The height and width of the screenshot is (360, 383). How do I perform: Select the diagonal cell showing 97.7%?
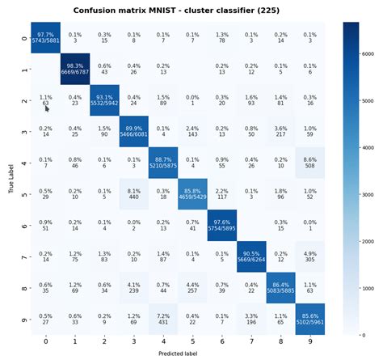[45, 37]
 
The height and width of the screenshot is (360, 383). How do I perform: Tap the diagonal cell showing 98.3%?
[75, 68]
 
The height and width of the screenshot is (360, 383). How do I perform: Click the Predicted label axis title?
[177, 354]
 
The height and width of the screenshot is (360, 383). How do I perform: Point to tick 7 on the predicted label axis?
[251, 341]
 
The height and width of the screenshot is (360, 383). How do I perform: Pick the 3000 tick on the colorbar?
[362, 195]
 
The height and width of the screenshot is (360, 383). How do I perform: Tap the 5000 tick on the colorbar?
[362, 103]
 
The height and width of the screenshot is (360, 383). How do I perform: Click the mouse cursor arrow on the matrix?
[46, 106]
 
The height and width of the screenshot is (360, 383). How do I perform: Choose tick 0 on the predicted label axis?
[45, 341]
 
